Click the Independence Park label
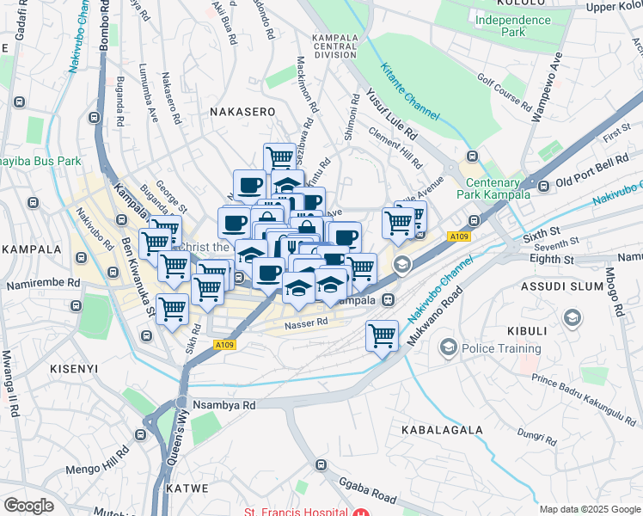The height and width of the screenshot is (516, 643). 512,26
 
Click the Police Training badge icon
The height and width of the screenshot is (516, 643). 448,348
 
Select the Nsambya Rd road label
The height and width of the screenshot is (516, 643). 225,404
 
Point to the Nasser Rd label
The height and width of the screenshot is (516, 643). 307,322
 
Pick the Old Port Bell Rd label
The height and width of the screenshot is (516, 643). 592,172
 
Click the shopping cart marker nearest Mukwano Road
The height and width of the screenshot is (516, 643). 382,336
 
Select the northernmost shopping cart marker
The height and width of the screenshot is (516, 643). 279,158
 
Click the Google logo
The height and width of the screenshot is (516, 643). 29,506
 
